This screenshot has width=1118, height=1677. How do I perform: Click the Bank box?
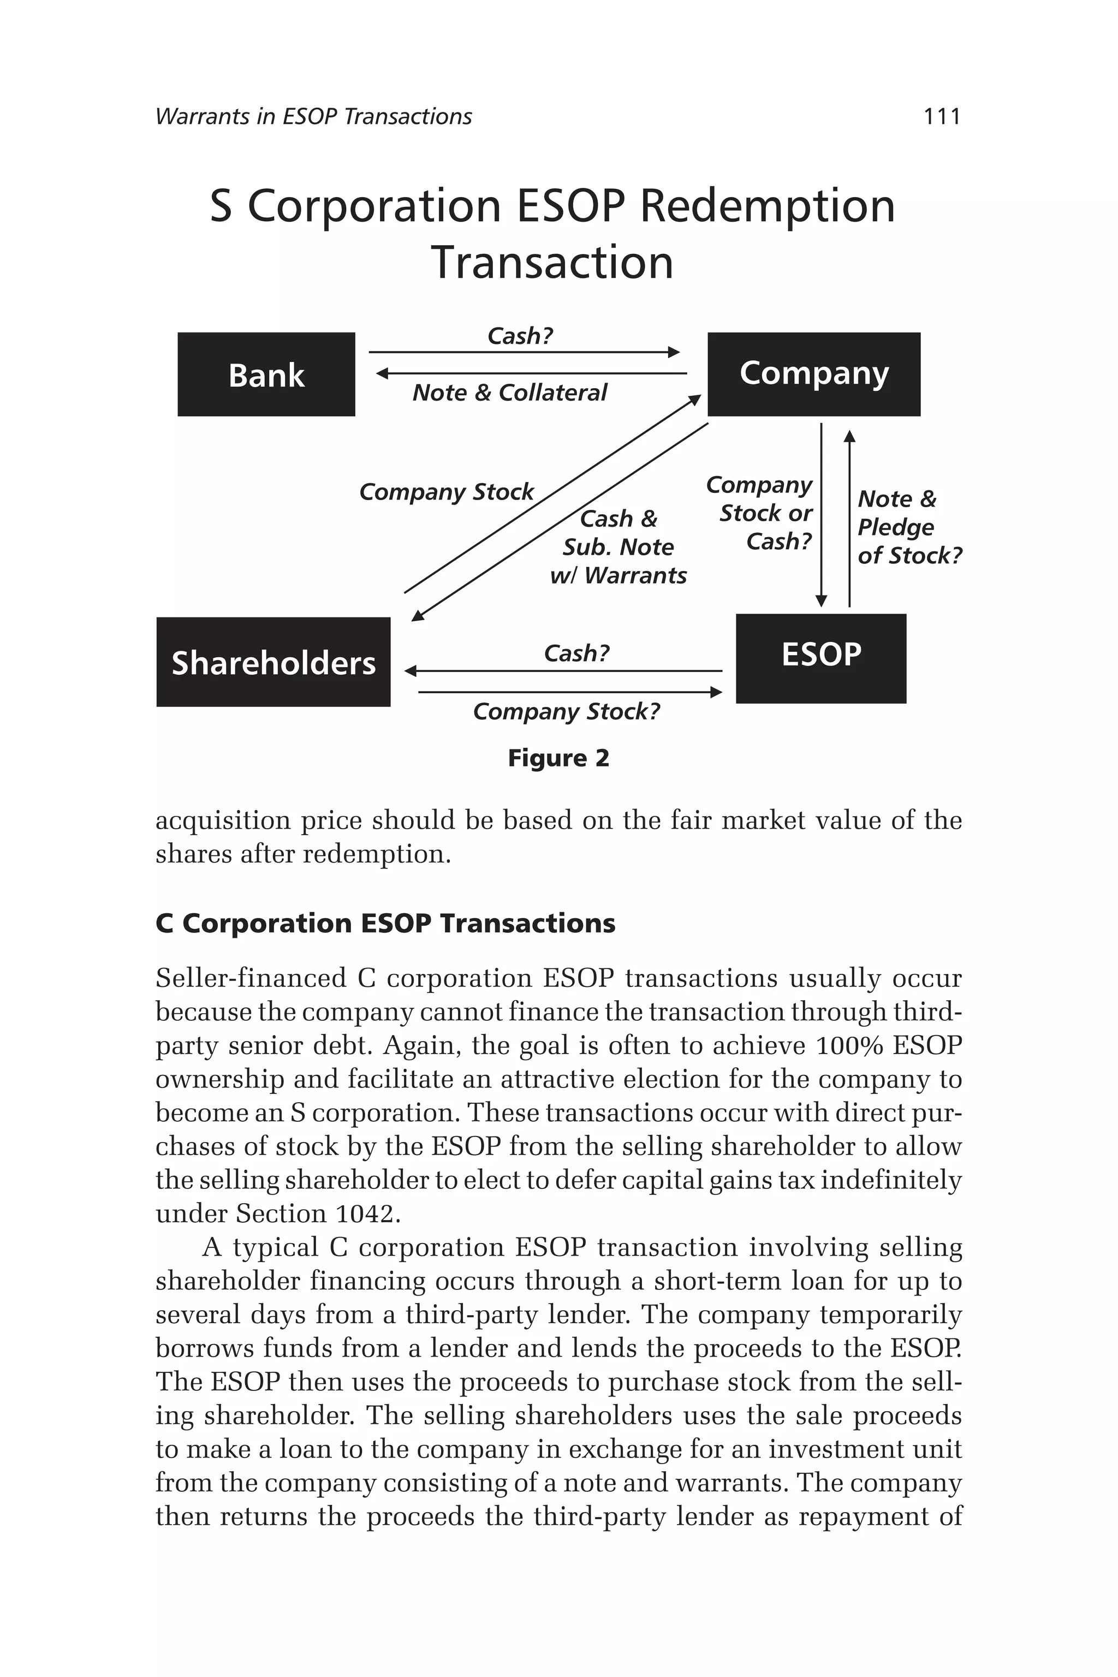click(266, 374)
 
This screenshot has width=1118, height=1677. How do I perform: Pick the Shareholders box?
click(273, 662)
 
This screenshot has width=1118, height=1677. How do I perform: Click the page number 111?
click(941, 116)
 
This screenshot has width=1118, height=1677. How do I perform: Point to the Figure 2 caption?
click(558, 758)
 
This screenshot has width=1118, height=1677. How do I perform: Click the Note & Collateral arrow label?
click(509, 393)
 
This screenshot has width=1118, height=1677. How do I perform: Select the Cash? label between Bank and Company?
click(520, 336)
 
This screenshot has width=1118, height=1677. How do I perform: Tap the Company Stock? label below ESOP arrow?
click(566, 712)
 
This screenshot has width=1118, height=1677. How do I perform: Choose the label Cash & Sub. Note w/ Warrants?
click(618, 547)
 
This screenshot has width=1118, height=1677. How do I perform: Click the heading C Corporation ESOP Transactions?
click(385, 923)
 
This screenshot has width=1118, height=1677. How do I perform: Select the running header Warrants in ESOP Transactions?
click(314, 116)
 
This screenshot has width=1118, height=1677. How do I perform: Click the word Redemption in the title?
click(766, 207)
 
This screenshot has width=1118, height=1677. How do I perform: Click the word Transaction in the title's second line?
click(552, 263)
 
